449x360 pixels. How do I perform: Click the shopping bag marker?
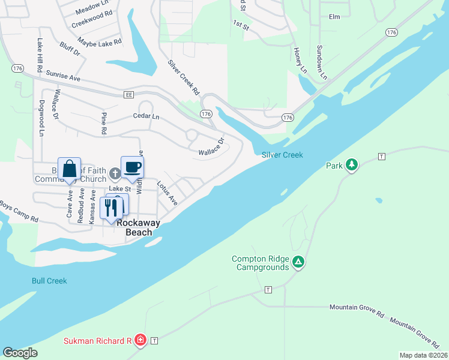(x=70, y=169)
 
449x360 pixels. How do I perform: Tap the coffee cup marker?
(x=132, y=167)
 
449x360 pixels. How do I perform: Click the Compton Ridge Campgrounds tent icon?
(x=298, y=262)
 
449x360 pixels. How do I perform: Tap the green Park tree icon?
(x=351, y=165)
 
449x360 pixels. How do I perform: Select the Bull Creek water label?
(x=49, y=280)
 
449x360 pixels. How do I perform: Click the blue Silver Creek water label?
(x=282, y=155)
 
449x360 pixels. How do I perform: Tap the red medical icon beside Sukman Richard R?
(x=140, y=341)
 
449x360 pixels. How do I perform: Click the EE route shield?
(x=128, y=95)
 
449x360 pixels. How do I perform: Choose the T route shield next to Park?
(x=381, y=157)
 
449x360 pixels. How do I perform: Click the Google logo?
(x=20, y=353)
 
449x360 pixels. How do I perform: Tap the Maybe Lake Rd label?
(x=100, y=42)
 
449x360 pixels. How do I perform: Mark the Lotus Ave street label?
(x=167, y=193)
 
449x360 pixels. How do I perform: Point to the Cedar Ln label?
(x=146, y=116)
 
